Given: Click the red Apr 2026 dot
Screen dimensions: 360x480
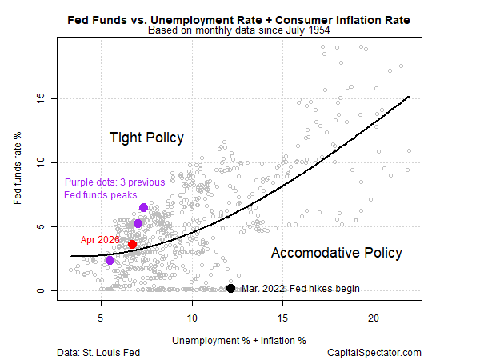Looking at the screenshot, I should (x=133, y=244).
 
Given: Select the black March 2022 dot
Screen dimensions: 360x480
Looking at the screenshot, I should (x=230, y=289).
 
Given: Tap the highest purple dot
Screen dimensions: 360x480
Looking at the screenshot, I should (x=143, y=208).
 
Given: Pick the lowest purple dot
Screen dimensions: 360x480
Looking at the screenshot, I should (x=110, y=261).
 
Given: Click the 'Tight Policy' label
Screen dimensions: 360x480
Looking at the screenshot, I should (x=146, y=138).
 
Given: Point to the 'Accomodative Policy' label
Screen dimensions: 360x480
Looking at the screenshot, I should (x=336, y=253).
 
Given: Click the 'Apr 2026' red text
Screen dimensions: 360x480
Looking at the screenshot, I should (x=99, y=239).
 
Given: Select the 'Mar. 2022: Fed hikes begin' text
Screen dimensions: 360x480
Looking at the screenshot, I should (x=300, y=289).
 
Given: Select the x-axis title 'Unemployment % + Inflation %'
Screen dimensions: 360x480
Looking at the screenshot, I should (x=239, y=340).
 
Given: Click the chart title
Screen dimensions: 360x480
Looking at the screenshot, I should (x=239, y=19).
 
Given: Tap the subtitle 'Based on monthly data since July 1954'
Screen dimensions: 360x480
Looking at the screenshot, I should (x=239, y=31).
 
